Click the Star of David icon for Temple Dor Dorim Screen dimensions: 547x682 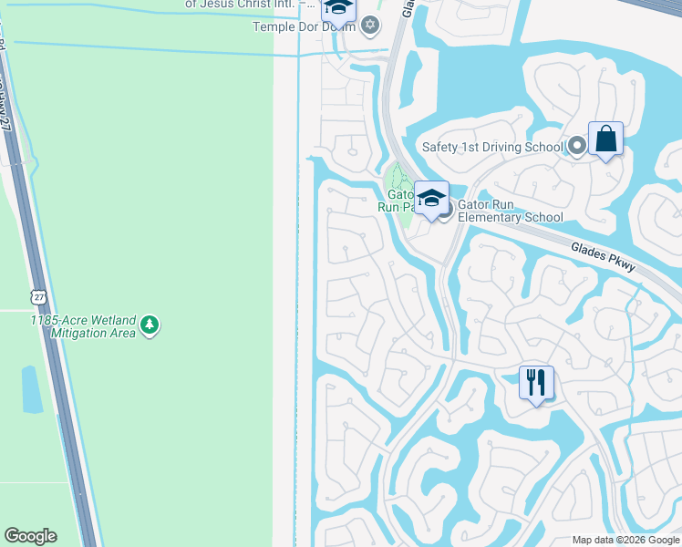[x=369, y=25]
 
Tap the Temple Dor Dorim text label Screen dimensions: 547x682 [x=303, y=26]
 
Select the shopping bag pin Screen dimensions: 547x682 [x=605, y=140]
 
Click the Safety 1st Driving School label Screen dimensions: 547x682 [x=492, y=147]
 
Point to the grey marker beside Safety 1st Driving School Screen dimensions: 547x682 [x=576, y=146]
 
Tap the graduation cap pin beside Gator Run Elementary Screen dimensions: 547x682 [x=431, y=197]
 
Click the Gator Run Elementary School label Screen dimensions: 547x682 [x=510, y=212]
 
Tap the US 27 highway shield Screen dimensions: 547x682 [x=37, y=297]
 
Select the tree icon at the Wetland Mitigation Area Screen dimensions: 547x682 [x=150, y=325]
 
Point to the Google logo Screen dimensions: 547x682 [x=30, y=536]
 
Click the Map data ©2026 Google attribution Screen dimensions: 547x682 [x=625, y=540]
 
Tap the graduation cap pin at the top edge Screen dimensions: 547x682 [x=338, y=9]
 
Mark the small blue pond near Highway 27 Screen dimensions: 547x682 [x=31, y=390]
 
